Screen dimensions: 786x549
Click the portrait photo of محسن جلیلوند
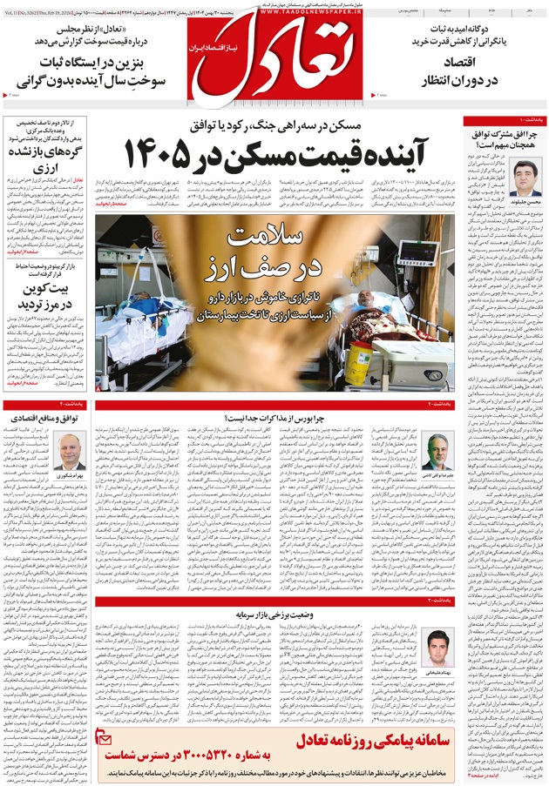[526, 178]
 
